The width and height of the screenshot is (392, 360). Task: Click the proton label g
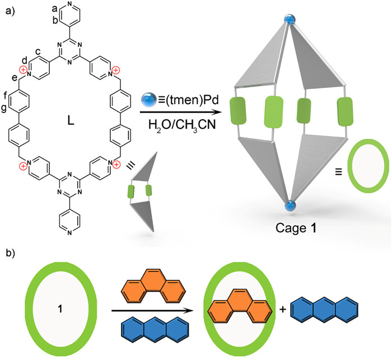point(13,107)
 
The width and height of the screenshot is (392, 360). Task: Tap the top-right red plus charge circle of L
point(115,70)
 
